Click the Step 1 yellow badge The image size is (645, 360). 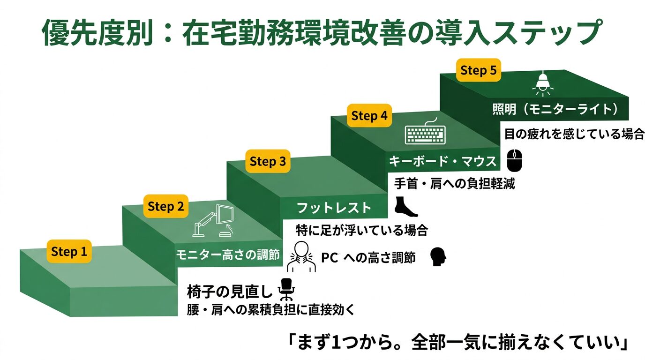pos(69,252)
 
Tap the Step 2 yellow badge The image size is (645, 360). pos(165,206)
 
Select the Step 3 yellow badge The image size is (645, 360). pos(267,162)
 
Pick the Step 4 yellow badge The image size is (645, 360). pos(369,116)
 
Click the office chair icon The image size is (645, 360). pos(286,289)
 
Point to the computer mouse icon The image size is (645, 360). pos(514,160)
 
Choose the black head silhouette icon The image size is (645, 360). pos(438,256)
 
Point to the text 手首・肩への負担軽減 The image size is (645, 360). pos(454,184)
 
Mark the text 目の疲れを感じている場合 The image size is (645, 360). pos(574,135)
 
